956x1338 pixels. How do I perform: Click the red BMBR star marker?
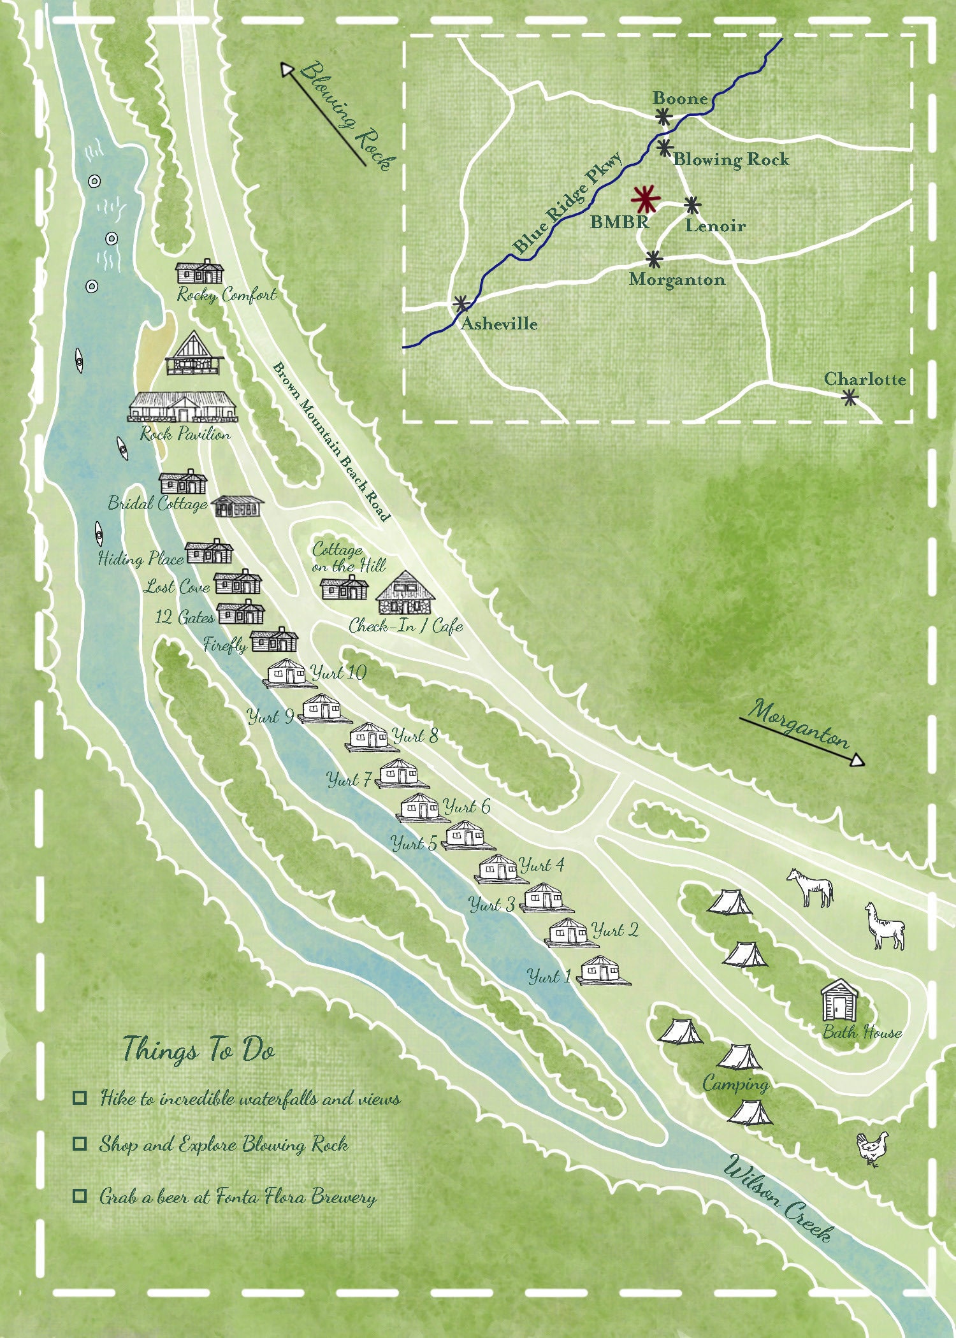tap(646, 199)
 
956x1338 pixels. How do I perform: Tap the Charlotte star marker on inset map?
tap(849, 398)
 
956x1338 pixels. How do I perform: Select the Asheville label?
tap(499, 324)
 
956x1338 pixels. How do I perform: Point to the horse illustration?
tap(810, 887)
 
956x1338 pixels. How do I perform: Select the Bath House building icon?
tap(839, 1000)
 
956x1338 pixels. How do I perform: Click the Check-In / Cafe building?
tap(405, 593)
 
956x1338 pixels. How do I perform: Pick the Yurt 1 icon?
tap(602, 970)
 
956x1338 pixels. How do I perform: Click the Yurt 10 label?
tap(338, 673)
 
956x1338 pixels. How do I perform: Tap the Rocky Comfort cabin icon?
tap(200, 273)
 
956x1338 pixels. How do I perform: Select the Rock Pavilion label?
tap(185, 435)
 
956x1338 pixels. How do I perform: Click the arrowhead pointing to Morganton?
tap(858, 760)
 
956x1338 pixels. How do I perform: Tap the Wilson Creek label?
tap(778, 1198)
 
